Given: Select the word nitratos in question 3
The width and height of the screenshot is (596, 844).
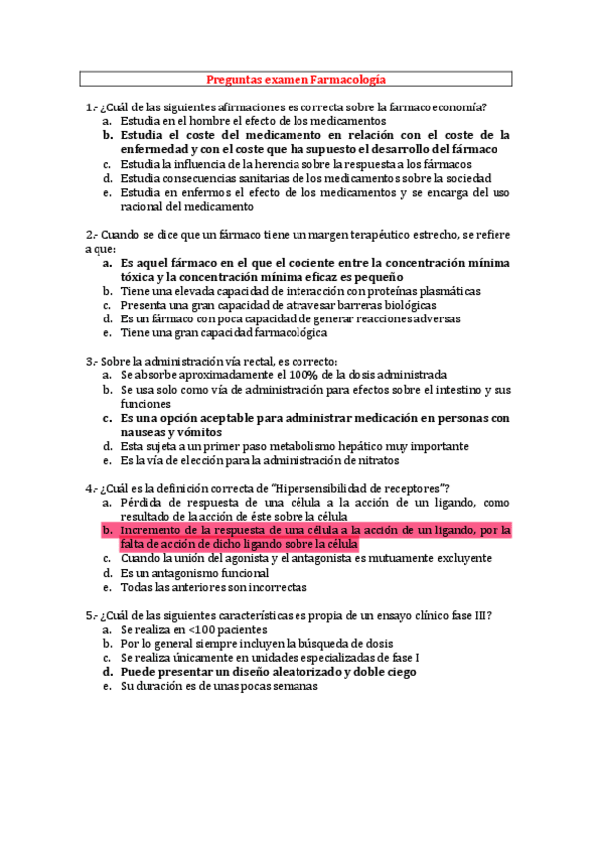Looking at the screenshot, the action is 373,461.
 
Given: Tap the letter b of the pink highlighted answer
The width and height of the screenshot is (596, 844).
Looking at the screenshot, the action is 106,530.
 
